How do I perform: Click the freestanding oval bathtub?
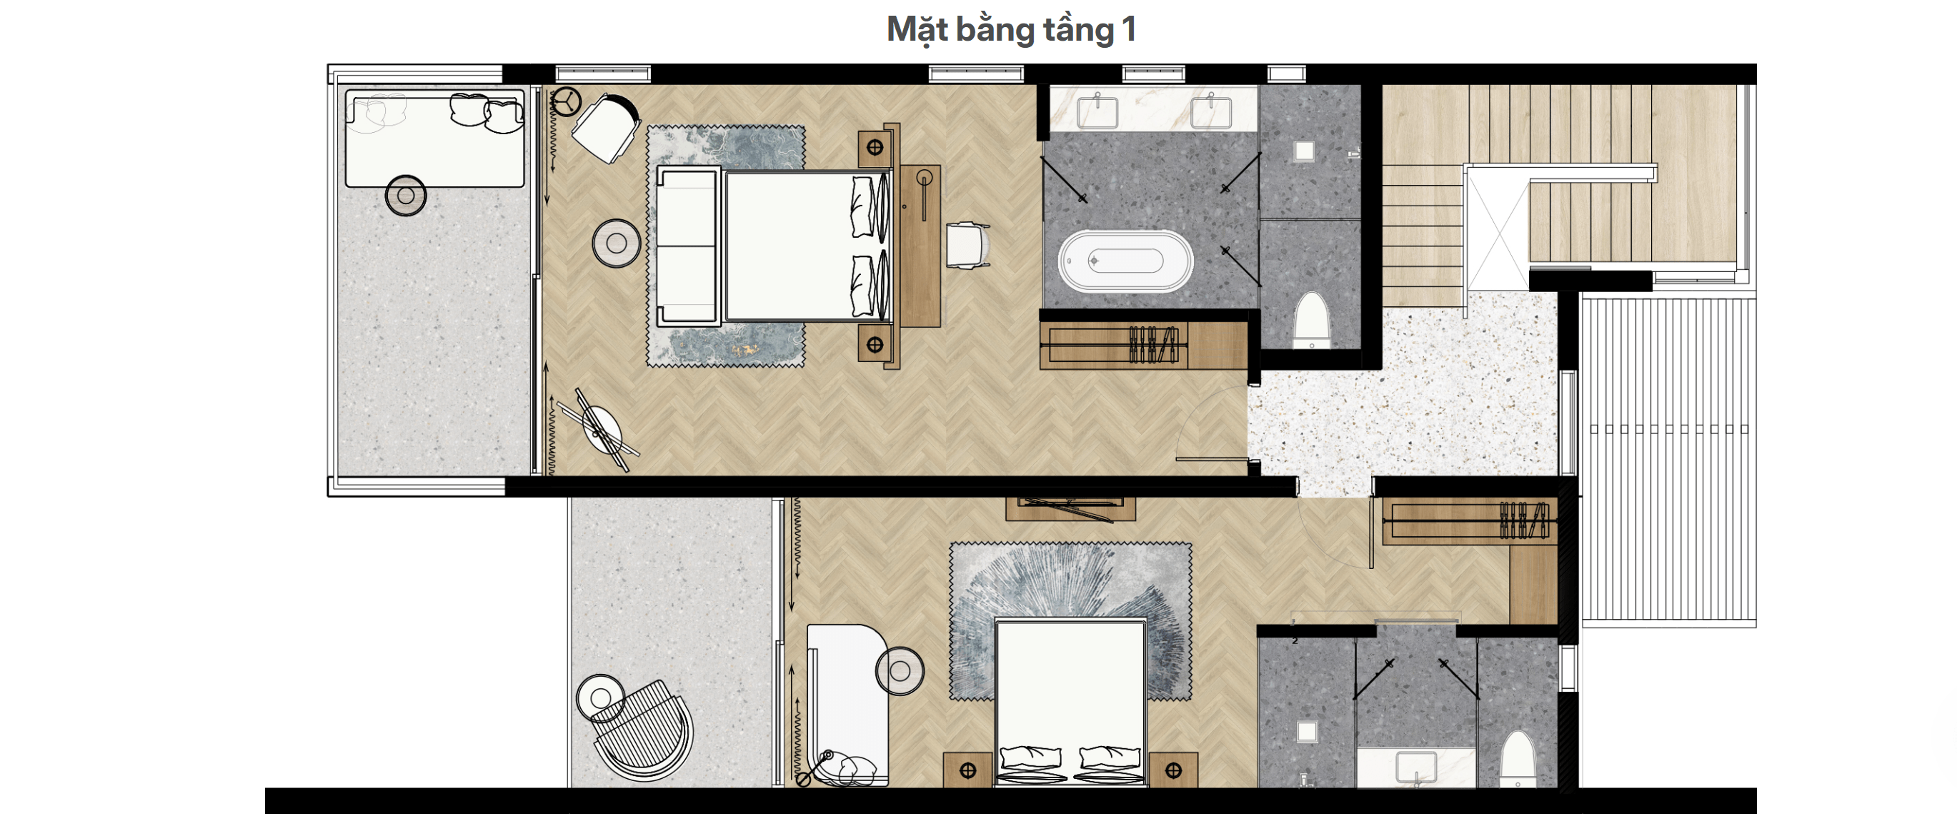coord(1126,261)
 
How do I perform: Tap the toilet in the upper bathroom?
coord(1311,320)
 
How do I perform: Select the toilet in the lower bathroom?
coord(1518,759)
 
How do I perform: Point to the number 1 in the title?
coord(1129,29)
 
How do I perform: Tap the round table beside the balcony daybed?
coord(406,195)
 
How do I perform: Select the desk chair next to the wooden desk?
coord(968,244)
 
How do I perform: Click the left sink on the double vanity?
coord(1097,111)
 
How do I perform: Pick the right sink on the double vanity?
coord(1211,111)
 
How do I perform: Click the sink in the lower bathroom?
coord(1416,765)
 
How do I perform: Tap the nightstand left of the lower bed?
coord(968,770)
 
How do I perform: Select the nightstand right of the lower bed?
coord(1173,770)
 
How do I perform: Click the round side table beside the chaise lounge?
coord(900,670)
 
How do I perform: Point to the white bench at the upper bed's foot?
coord(687,247)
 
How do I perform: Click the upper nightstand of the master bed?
coord(875,148)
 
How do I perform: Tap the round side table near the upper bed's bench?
coord(616,243)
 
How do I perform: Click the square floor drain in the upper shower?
coord(1305,151)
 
